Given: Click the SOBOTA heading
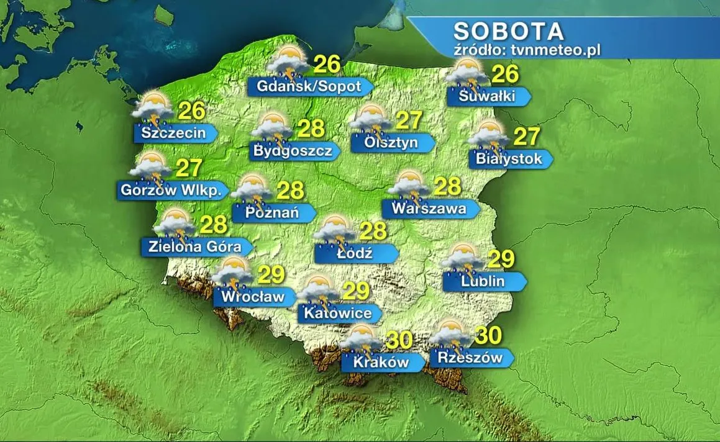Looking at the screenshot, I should [508, 31].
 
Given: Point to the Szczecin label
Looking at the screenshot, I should [173, 132].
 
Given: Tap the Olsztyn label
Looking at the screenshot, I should [391, 143].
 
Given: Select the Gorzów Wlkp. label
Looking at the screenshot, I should [169, 190].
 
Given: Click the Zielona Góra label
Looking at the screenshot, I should [195, 246].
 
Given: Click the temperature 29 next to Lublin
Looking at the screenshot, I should [501, 259].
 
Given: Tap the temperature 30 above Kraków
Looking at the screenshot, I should [399, 340].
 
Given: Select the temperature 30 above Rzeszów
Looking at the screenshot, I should [488, 336].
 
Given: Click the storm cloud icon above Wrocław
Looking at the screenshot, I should [232, 273].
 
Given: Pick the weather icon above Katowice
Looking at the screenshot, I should [319, 291].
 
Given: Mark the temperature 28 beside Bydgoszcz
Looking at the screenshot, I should [311, 128].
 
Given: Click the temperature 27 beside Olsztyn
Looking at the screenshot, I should [409, 120].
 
